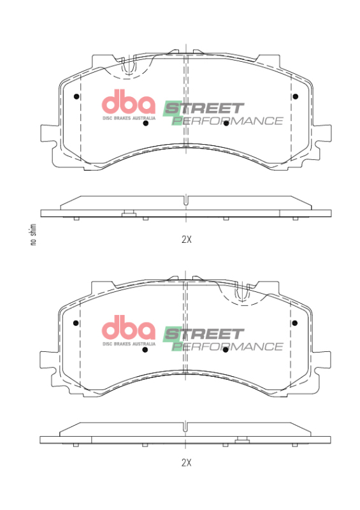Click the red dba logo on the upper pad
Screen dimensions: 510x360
(x=129, y=103)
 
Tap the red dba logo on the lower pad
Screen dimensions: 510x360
(x=129, y=328)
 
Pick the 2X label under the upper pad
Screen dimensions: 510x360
(x=186, y=240)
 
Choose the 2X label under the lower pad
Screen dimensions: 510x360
(x=186, y=462)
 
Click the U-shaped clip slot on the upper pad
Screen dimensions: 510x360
(x=129, y=66)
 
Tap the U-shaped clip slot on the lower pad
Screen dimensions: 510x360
(x=242, y=293)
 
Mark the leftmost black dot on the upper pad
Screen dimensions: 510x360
(x=76, y=97)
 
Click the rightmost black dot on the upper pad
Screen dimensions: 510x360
(x=295, y=96)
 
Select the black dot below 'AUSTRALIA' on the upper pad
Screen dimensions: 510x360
(x=146, y=124)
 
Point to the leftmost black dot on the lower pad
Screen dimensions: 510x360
(x=76, y=323)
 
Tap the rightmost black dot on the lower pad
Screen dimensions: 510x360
(x=295, y=323)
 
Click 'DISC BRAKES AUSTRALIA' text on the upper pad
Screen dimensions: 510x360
(x=129, y=118)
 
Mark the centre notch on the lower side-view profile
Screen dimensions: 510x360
(x=185, y=426)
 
